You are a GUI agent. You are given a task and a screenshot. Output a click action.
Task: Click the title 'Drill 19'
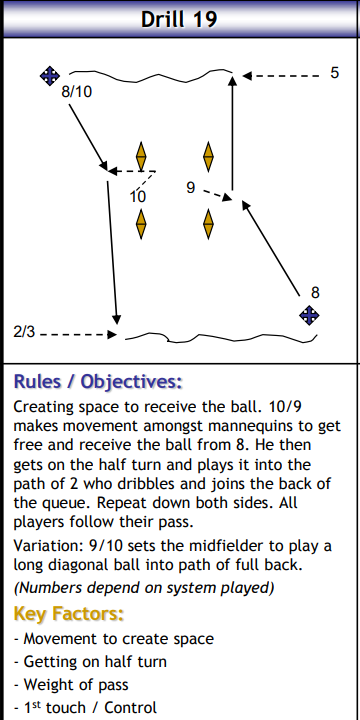click(180, 18)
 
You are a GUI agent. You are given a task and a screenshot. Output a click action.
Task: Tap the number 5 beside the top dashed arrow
click(334, 73)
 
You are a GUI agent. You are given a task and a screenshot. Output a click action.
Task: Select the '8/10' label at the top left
click(77, 92)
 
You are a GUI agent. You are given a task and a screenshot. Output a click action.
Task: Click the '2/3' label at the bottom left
click(25, 330)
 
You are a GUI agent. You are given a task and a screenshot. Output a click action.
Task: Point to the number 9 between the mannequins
click(190, 187)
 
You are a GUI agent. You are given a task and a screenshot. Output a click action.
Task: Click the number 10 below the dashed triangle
click(138, 196)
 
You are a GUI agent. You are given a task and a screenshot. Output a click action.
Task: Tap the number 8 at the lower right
click(315, 292)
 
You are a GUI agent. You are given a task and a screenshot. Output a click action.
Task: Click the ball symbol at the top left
click(48, 75)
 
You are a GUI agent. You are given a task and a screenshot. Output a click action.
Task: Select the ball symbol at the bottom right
click(310, 316)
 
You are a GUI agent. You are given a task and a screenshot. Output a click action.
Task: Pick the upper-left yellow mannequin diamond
click(141, 157)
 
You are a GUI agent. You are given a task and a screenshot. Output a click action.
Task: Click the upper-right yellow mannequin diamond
click(209, 157)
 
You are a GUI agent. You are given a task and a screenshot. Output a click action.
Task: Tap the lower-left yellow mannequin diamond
click(141, 222)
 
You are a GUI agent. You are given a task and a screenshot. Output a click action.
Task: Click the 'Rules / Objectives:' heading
click(98, 382)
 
